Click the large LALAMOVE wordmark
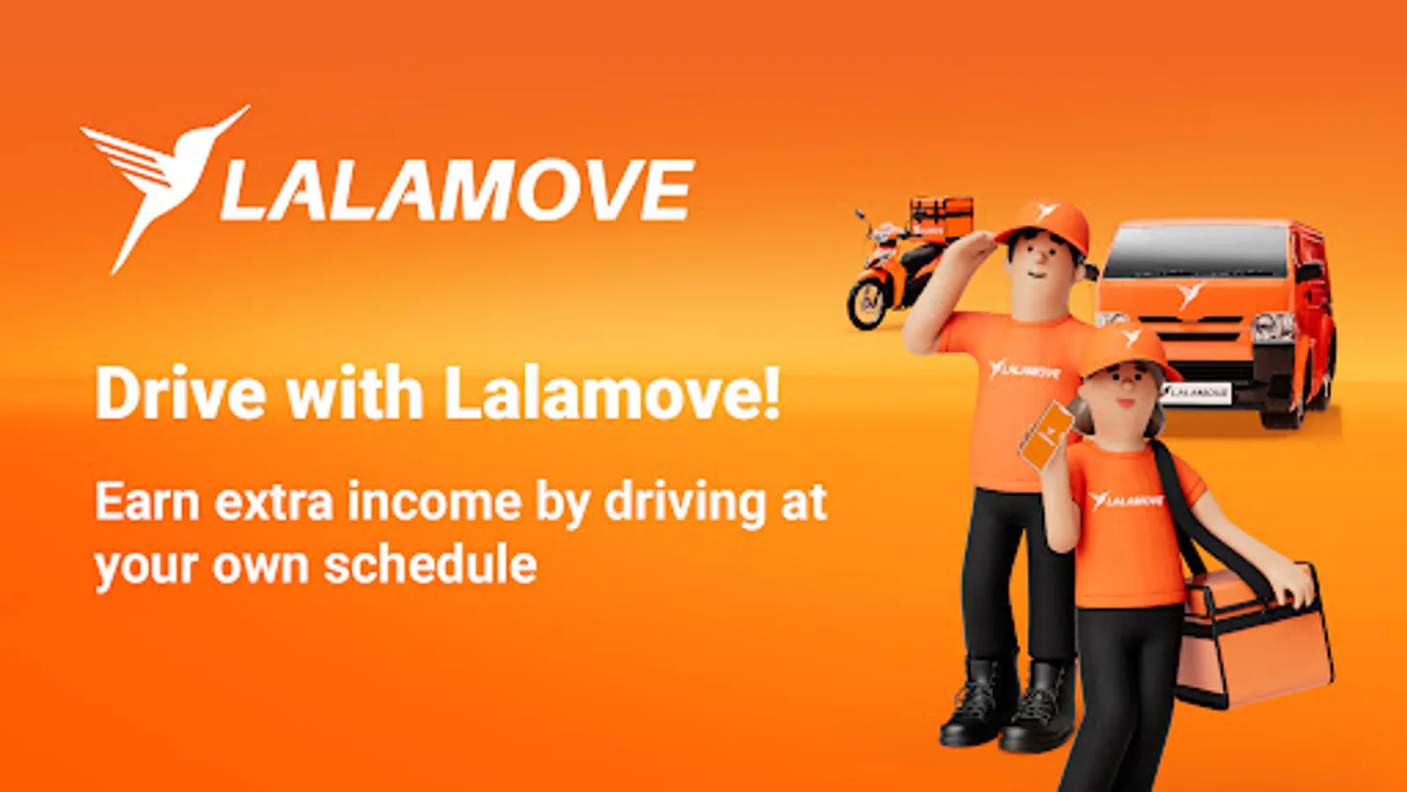(457, 190)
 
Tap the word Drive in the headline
(181, 393)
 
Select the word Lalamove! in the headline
(612, 393)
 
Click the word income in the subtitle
(434, 502)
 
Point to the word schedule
(430, 564)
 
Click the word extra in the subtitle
(273, 502)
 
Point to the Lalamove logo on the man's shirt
(1024, 370)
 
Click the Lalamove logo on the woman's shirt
(1126, 501)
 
